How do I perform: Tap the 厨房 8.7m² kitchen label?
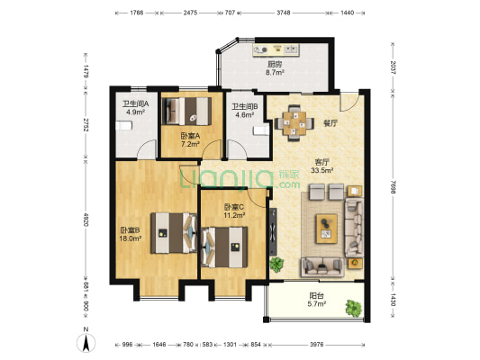coord(275,68)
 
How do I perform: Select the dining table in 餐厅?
coord(294,123)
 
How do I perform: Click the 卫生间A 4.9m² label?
coord(136,108)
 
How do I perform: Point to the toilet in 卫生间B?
coord(261,130)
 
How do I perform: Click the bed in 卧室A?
coord(186,111)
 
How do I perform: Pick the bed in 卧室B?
coord(174,233)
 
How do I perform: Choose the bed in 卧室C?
coord(224,247)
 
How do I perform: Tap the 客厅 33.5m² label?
coord(322,166)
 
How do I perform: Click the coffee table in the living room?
coord(327,229)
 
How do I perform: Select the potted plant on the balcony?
coord(354,308)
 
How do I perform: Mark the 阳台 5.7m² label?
coord(316,300)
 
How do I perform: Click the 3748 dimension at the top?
coord(283,13)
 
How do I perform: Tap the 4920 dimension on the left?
coord(86,220)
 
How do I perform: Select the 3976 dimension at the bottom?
coord(316,345)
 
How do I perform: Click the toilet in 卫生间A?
coord(124,126)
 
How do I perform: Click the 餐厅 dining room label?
coord(331,123)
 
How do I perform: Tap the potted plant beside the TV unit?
coord(276,264)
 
